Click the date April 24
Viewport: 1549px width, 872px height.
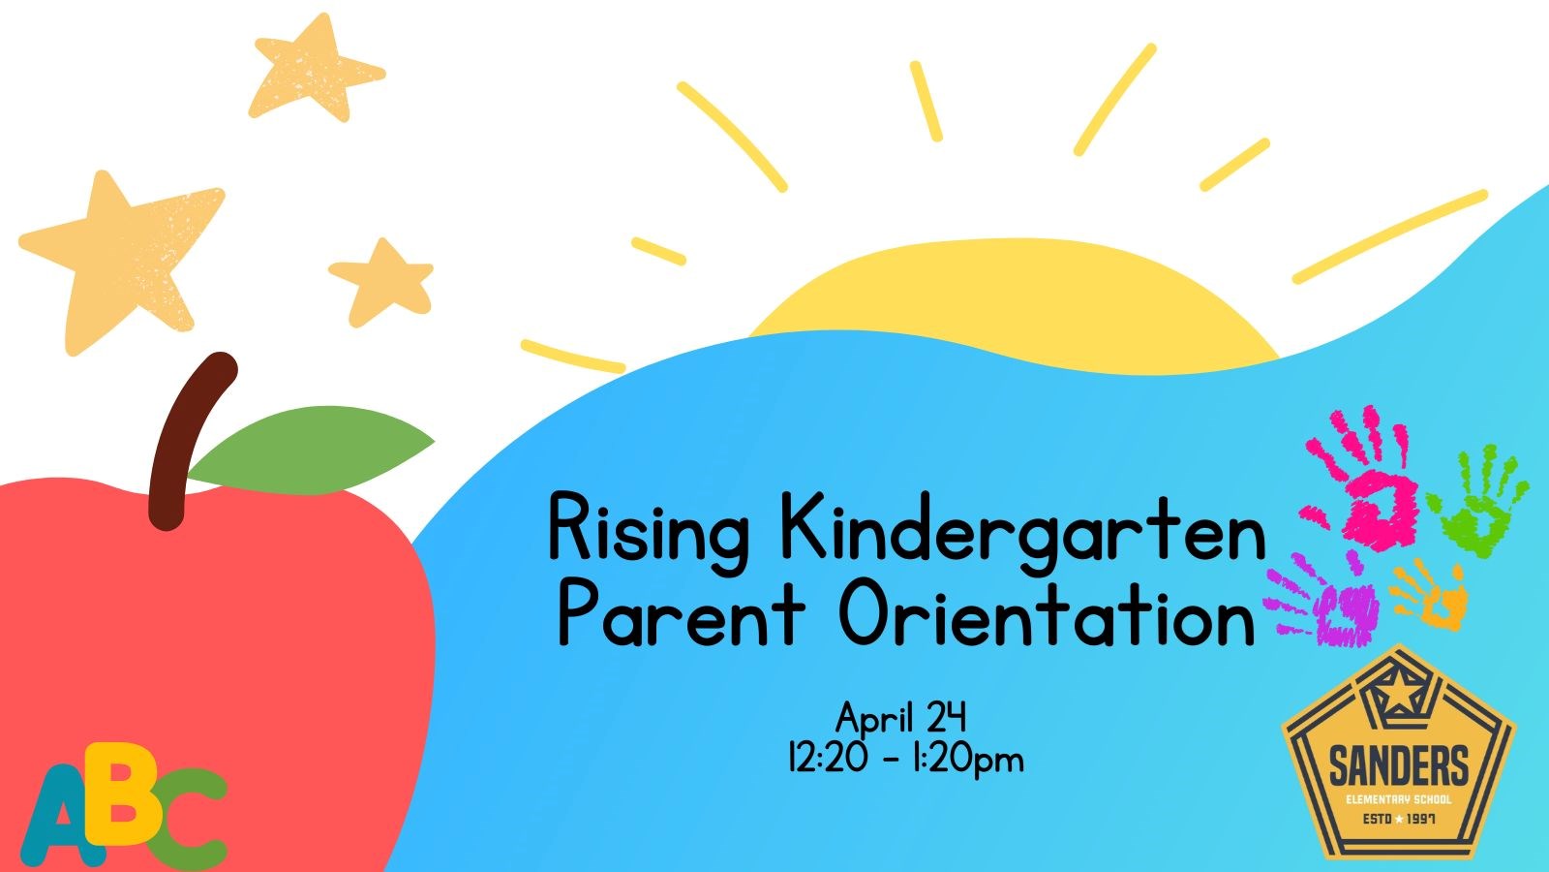901,718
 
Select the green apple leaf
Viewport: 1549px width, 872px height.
311,451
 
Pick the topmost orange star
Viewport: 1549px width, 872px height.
315,69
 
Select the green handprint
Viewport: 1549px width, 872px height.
1477,503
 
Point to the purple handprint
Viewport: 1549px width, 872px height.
1324,600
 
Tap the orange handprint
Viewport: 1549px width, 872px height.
1432,595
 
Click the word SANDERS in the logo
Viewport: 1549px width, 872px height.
1398,766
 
